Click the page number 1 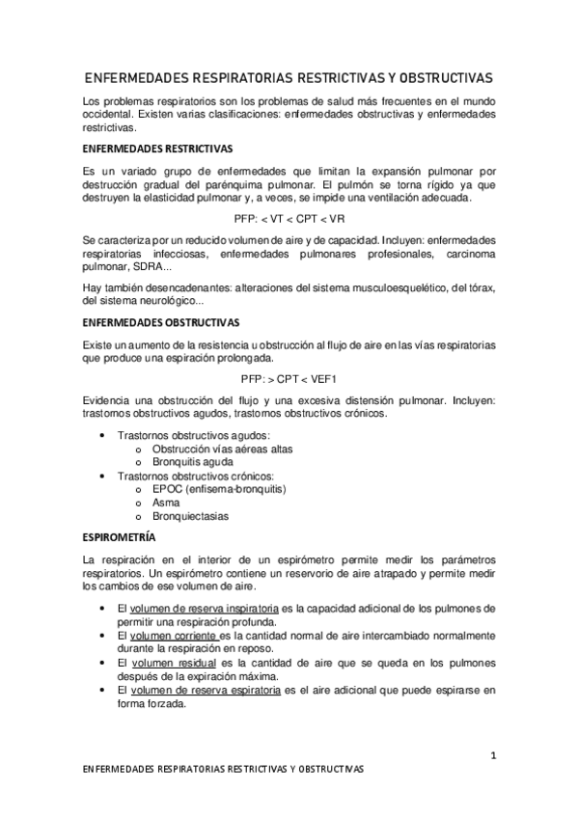coord(493,755)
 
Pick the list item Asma coord(165,503)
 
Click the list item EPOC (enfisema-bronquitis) coord(220,488)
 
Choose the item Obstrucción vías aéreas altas coord(223,449)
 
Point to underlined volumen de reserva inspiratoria coord(205,609)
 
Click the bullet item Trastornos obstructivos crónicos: coord(195,476)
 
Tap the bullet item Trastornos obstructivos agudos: coord(193,435)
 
